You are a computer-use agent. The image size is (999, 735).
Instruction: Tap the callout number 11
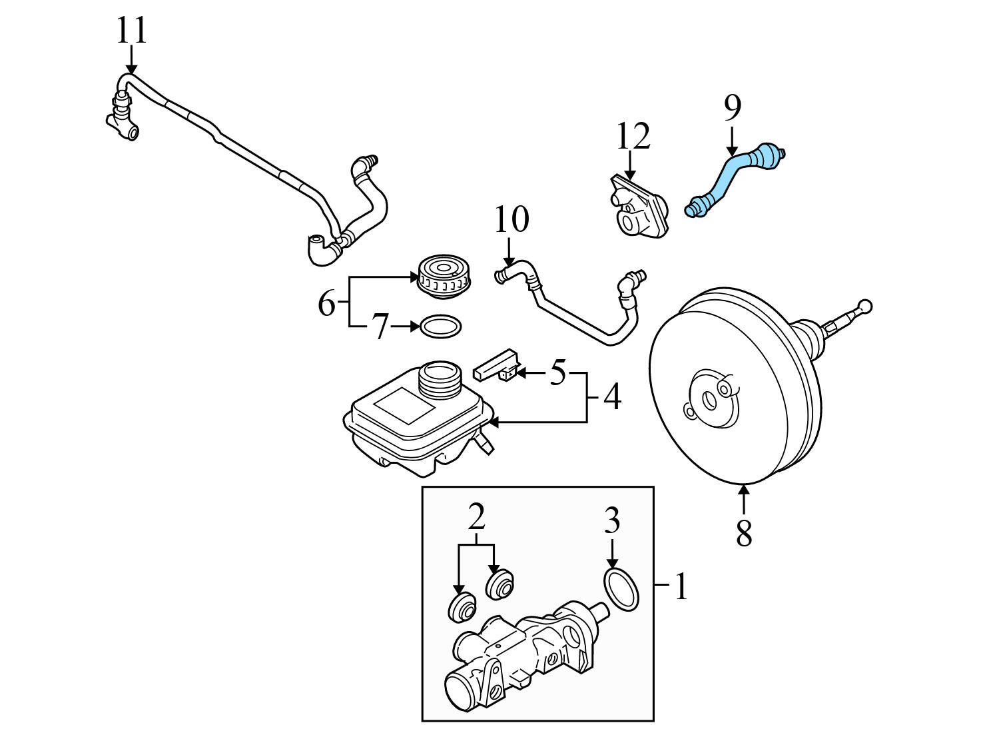[131, 31]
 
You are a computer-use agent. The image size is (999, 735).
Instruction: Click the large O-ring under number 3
[621, 589]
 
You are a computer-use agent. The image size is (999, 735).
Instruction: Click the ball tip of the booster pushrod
[864, 307]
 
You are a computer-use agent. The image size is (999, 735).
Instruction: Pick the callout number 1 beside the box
[680, 586]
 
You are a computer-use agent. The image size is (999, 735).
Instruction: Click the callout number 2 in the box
[476, 516]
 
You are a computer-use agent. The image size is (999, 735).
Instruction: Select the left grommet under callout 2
[460, 606]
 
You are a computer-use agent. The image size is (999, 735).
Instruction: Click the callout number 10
[511, 220]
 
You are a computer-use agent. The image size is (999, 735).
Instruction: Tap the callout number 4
[612, 396]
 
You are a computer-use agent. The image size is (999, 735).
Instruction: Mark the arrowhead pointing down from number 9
[732, 151]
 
